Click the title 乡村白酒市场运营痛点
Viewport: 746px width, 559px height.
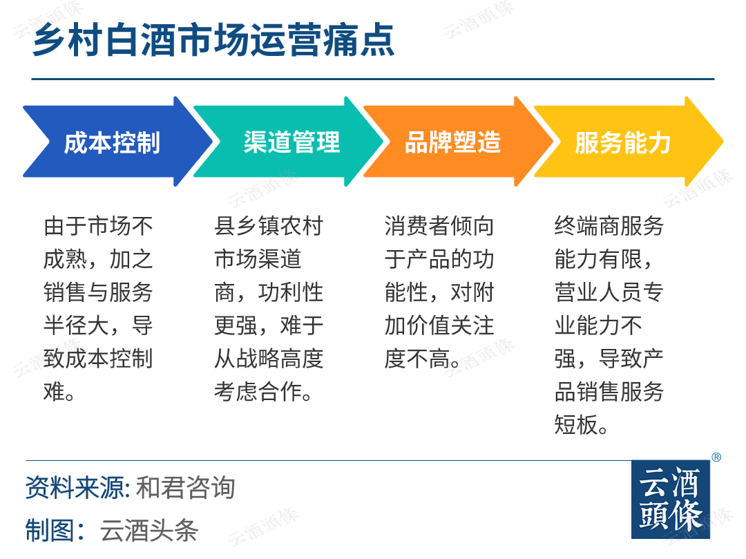[x=213, y=41]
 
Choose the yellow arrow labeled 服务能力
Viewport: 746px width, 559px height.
[x=629, y=142]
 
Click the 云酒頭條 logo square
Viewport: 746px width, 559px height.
[x=670, y=500]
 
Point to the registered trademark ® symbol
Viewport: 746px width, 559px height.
[x=716, y=457]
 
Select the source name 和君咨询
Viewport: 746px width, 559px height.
[x=186, y=488]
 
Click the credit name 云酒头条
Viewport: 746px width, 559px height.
[x=149, y=530]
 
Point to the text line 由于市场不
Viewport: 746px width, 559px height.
[x=98, y=225]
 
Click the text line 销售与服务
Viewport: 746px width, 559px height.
[x=98, y=292]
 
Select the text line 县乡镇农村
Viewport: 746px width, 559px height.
[x=269, y=225]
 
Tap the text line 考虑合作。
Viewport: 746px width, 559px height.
[x=263, y=392]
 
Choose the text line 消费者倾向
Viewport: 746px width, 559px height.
[x=439, y=225]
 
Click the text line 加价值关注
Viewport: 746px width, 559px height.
[x=439, y=325]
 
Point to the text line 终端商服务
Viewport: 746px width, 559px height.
[x=609, y=225]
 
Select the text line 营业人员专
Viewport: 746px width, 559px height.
[x=609, y=292]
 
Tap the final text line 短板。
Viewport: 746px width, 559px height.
[x=581, y=425]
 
